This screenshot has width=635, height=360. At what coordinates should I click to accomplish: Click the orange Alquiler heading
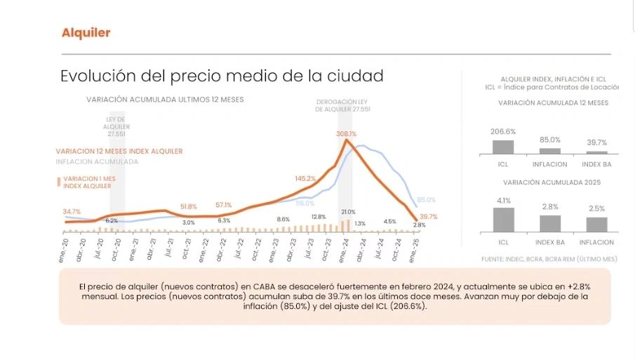pyautogui.click(x=86, y=33)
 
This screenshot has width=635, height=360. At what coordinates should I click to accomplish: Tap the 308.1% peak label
pyautogui.click(x=346, y=133)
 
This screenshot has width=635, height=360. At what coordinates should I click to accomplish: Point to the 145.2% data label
pyautogui.click(x=305, y=178)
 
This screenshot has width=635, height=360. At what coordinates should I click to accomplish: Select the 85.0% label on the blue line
pyautogui.click(x=426, y=200)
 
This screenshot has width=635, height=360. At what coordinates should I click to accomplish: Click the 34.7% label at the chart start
pyautogui.click(x=72, y=211)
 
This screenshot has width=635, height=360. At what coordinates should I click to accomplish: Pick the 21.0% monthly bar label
pyautogui.click(x=349, y=211)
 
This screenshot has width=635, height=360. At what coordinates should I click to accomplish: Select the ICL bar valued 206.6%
pyautogui.click(x=502, y=147)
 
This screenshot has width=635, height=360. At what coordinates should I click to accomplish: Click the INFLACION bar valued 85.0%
pyautogui.click(x=550, y=150)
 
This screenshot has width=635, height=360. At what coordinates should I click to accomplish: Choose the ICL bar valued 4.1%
pyautogui.click(x=502, y=219)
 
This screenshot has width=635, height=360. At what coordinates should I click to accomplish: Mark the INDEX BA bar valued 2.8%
pyautogui.click(x=550, y=223)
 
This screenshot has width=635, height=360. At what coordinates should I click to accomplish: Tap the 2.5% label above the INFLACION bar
pyautogui.click(x=596, y=208)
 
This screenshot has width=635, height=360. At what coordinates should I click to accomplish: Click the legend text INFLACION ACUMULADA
pyautogui.click(x=97, y=161)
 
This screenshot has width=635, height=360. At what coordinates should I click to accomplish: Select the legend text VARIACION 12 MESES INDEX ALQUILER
pyautogui.click(x=119, y=151)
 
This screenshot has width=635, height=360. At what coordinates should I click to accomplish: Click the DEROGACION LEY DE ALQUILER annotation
pyautogui.click(x=342, y=105)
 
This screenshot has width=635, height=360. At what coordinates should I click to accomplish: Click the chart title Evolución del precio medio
pyautogui.click(x=222, y=75)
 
